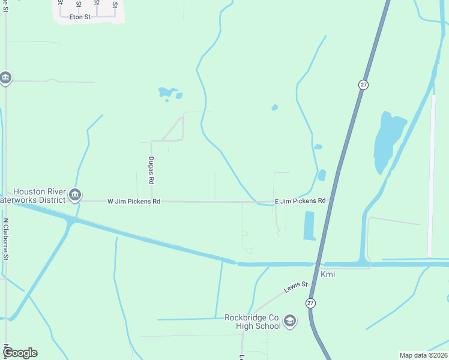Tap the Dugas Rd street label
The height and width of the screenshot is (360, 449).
pos(151,170)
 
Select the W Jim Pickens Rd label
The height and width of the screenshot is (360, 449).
pos(134,202)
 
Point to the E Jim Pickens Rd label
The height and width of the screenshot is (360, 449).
pos(300,201)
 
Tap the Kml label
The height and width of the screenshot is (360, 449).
pos(328,275)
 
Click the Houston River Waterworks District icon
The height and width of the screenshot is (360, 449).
pos(75,194)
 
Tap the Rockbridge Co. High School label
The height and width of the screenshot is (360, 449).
pos(252,322)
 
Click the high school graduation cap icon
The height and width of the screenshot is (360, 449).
pos(290,322)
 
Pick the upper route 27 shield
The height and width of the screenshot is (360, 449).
pos(364,85)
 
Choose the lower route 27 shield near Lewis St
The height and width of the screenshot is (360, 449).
pos(310,303)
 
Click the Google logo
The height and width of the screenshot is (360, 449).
pos(20,353)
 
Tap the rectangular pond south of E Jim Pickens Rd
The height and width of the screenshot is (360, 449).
pos(310,226)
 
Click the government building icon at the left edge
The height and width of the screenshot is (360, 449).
pos(6,79)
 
